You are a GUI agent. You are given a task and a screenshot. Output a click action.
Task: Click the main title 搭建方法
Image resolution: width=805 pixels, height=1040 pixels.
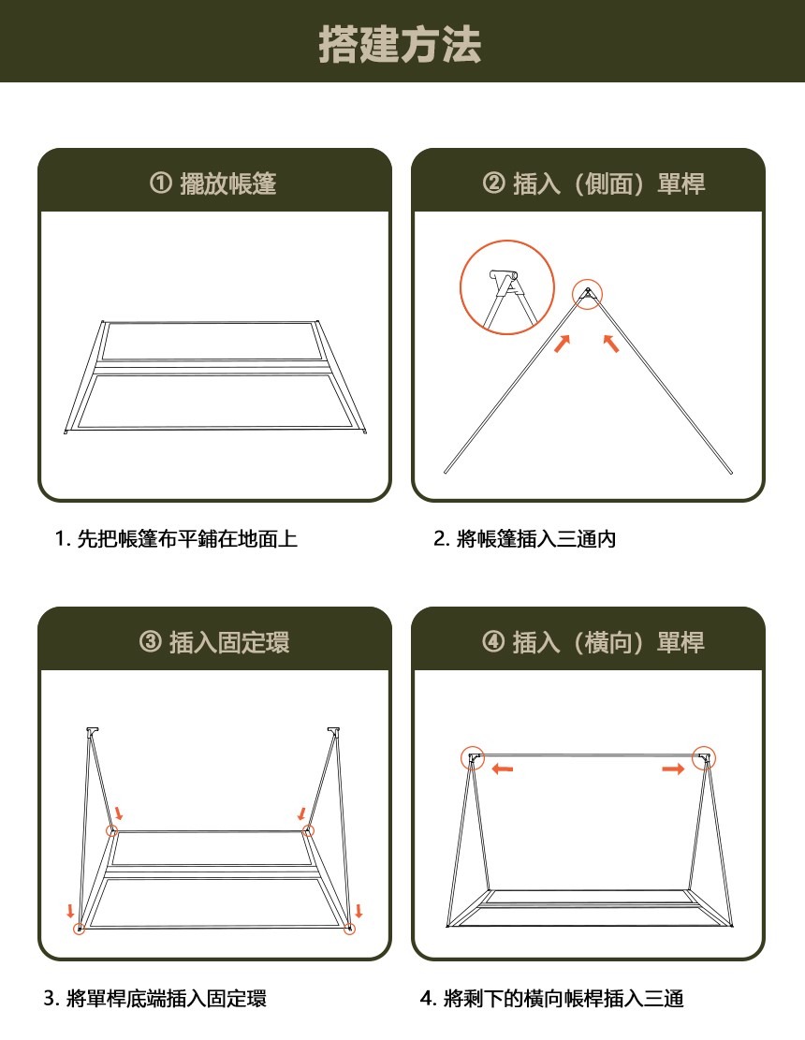pos(400,44)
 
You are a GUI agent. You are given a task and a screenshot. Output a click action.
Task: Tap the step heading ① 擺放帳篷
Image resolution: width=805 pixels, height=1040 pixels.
pos(213,183)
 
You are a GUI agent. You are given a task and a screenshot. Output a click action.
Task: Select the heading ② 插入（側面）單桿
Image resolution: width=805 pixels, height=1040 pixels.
pos(593,183)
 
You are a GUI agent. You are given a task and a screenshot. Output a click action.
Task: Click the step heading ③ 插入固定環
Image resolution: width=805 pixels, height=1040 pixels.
pos(214,642)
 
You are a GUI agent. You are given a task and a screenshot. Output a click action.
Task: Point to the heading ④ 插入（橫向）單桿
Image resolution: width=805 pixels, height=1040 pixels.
pos(593,642)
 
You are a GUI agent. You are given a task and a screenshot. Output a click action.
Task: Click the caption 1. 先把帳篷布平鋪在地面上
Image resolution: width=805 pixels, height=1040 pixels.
pos(176,538)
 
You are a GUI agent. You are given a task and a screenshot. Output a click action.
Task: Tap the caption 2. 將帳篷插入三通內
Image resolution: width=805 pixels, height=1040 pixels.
pos(524,538)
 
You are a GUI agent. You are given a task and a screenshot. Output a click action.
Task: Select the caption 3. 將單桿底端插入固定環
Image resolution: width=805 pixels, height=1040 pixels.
pos(155,998)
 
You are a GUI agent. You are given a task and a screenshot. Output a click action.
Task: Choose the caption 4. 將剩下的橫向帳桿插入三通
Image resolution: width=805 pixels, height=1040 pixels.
pos(551,998)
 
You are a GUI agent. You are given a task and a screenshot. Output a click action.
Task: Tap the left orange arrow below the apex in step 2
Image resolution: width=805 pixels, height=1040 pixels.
pos(563,344)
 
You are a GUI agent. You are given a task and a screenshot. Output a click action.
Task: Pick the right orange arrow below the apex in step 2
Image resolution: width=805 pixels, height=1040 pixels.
pos(611,343)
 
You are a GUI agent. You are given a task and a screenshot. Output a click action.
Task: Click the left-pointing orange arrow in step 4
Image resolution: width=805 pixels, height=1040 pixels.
pos(503,769)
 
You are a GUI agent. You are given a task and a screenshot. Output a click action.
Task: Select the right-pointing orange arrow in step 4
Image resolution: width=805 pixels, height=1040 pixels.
pos(673,769)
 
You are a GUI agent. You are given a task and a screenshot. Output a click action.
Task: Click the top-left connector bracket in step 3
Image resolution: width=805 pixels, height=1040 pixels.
pos(92,732)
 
